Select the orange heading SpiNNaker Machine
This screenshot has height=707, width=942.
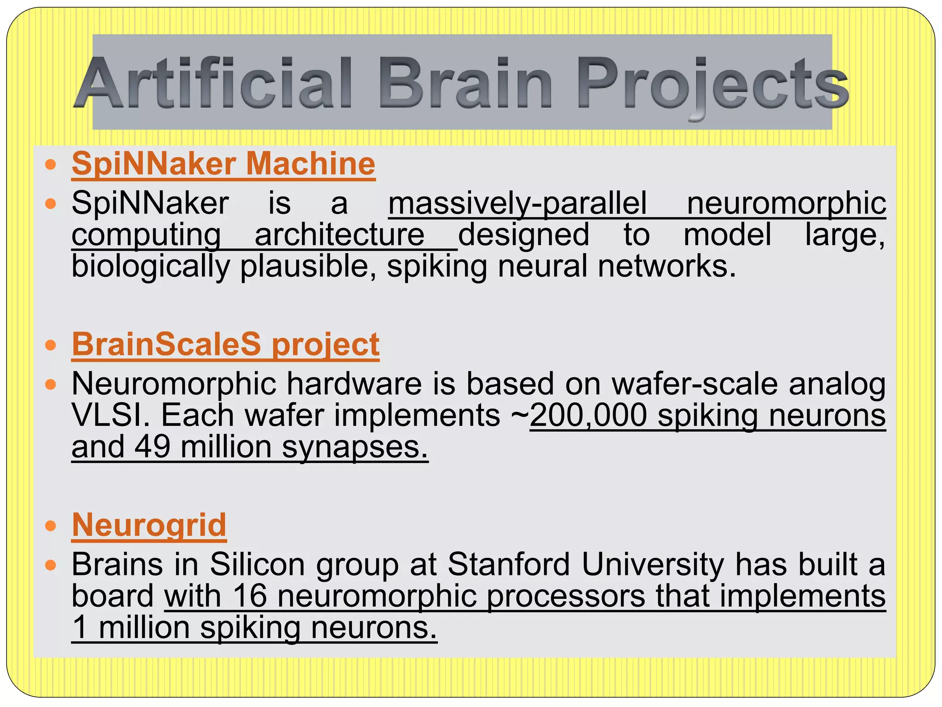coord(224,163)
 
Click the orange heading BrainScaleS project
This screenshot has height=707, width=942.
coord(225,344)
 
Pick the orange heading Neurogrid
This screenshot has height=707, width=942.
coord(149,525)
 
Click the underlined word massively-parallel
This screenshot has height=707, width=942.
coord(517,203)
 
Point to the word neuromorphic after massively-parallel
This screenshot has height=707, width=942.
coord(786,203)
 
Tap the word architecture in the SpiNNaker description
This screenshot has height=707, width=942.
coord(339,235)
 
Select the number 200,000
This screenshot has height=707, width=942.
coord(588,415)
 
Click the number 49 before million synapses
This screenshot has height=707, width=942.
coord(152,447)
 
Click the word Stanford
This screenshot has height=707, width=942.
coord(509,564)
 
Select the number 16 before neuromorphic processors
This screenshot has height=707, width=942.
coord(250,596)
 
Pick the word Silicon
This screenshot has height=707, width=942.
coord(258,564)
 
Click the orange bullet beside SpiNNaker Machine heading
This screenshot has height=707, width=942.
coord(51,164)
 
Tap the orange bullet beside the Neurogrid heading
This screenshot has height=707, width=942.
coord(51,526)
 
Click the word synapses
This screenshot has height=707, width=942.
coord(355,447)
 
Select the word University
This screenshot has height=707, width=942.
coord(653,564)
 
